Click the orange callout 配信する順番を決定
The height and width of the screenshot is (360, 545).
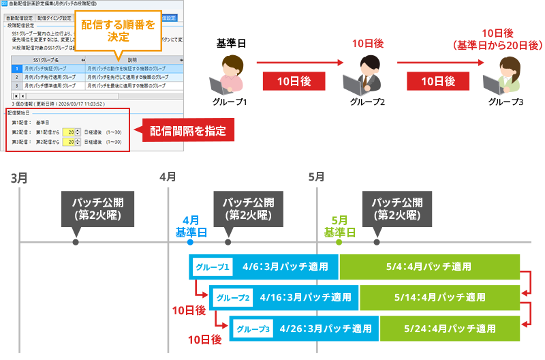[117, 30]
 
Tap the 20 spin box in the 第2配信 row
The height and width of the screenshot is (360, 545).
[70, 132]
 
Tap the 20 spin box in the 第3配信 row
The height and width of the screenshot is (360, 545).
[70, 142]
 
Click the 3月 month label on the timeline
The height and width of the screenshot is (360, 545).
[20, 178]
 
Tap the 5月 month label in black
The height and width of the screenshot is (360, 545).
[316, 177]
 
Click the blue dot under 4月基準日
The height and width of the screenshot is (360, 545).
[190, 242]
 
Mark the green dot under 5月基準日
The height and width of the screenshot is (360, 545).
[339, 242]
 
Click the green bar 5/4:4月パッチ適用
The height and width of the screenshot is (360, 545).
[429, 267]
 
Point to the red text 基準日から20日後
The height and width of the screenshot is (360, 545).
[497, 45]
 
